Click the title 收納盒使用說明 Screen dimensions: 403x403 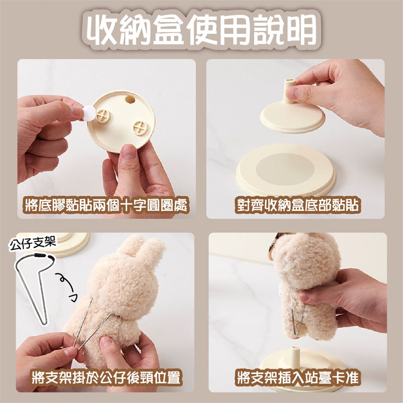click(x=201, y=29)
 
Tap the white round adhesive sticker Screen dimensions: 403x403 click(x=89, y=113)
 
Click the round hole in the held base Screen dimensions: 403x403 click(x=130, y=99)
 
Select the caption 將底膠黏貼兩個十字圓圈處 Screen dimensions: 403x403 click(x=106, y=205)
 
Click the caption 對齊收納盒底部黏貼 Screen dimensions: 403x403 click(x=298, y=205)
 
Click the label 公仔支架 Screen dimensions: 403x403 click(x=32, y=243)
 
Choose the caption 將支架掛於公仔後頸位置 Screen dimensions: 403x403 click(x=106, y=377)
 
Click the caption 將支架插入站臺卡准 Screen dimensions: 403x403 click(x=298, y=377)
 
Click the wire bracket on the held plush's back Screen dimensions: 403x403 click(x=298, y=322)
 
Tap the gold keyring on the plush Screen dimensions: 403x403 click(x=273, y=247)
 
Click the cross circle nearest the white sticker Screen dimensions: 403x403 click(x=103, y=116)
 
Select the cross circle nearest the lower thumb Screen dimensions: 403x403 click(x=141, y=128)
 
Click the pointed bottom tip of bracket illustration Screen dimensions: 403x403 click(x=44, y=323)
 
